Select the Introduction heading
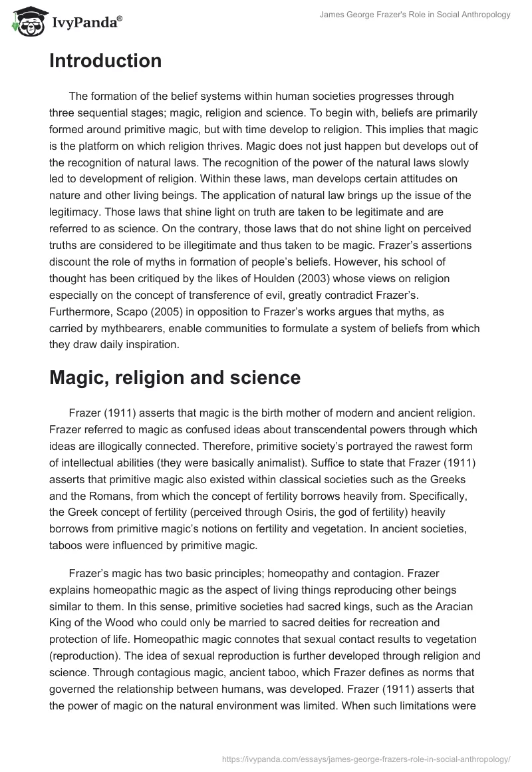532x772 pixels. click(x=105, y=61)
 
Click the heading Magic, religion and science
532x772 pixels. click(x=175, y=377)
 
